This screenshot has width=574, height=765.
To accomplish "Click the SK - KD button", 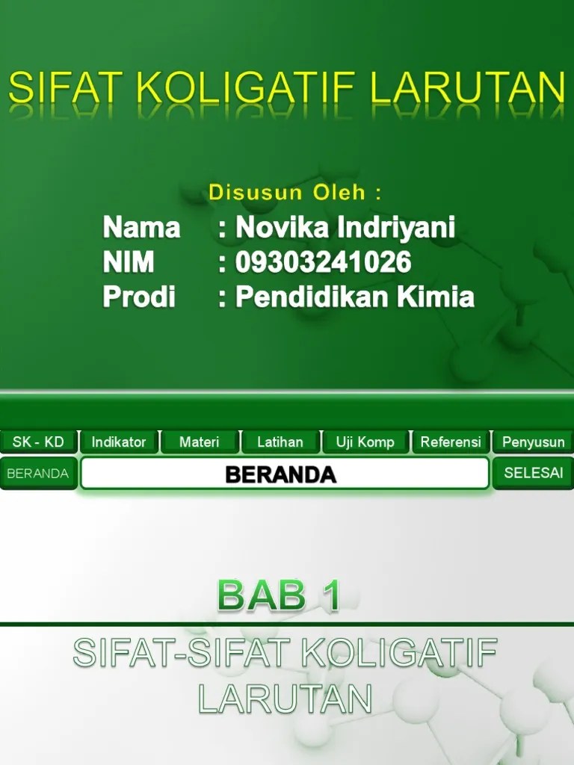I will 38,442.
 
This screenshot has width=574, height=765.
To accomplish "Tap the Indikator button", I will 119,442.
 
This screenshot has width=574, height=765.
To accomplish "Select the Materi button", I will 200,442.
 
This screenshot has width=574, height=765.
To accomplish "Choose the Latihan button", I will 280,442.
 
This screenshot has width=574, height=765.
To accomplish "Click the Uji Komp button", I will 365,442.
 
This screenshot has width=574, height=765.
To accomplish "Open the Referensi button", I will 450,442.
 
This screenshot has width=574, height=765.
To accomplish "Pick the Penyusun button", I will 533,442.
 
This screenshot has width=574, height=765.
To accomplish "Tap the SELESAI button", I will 532,473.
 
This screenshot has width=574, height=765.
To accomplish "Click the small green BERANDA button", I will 38,474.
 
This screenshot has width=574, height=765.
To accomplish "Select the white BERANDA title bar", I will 284,474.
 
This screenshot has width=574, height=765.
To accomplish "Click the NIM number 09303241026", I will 323,262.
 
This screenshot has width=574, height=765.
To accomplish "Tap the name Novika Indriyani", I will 345,227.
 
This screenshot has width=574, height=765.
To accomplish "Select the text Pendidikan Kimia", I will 355,297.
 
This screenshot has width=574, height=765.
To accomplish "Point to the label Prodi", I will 139,297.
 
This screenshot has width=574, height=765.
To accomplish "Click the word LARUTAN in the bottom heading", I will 285,699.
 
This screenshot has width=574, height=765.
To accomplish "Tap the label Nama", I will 141,227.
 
